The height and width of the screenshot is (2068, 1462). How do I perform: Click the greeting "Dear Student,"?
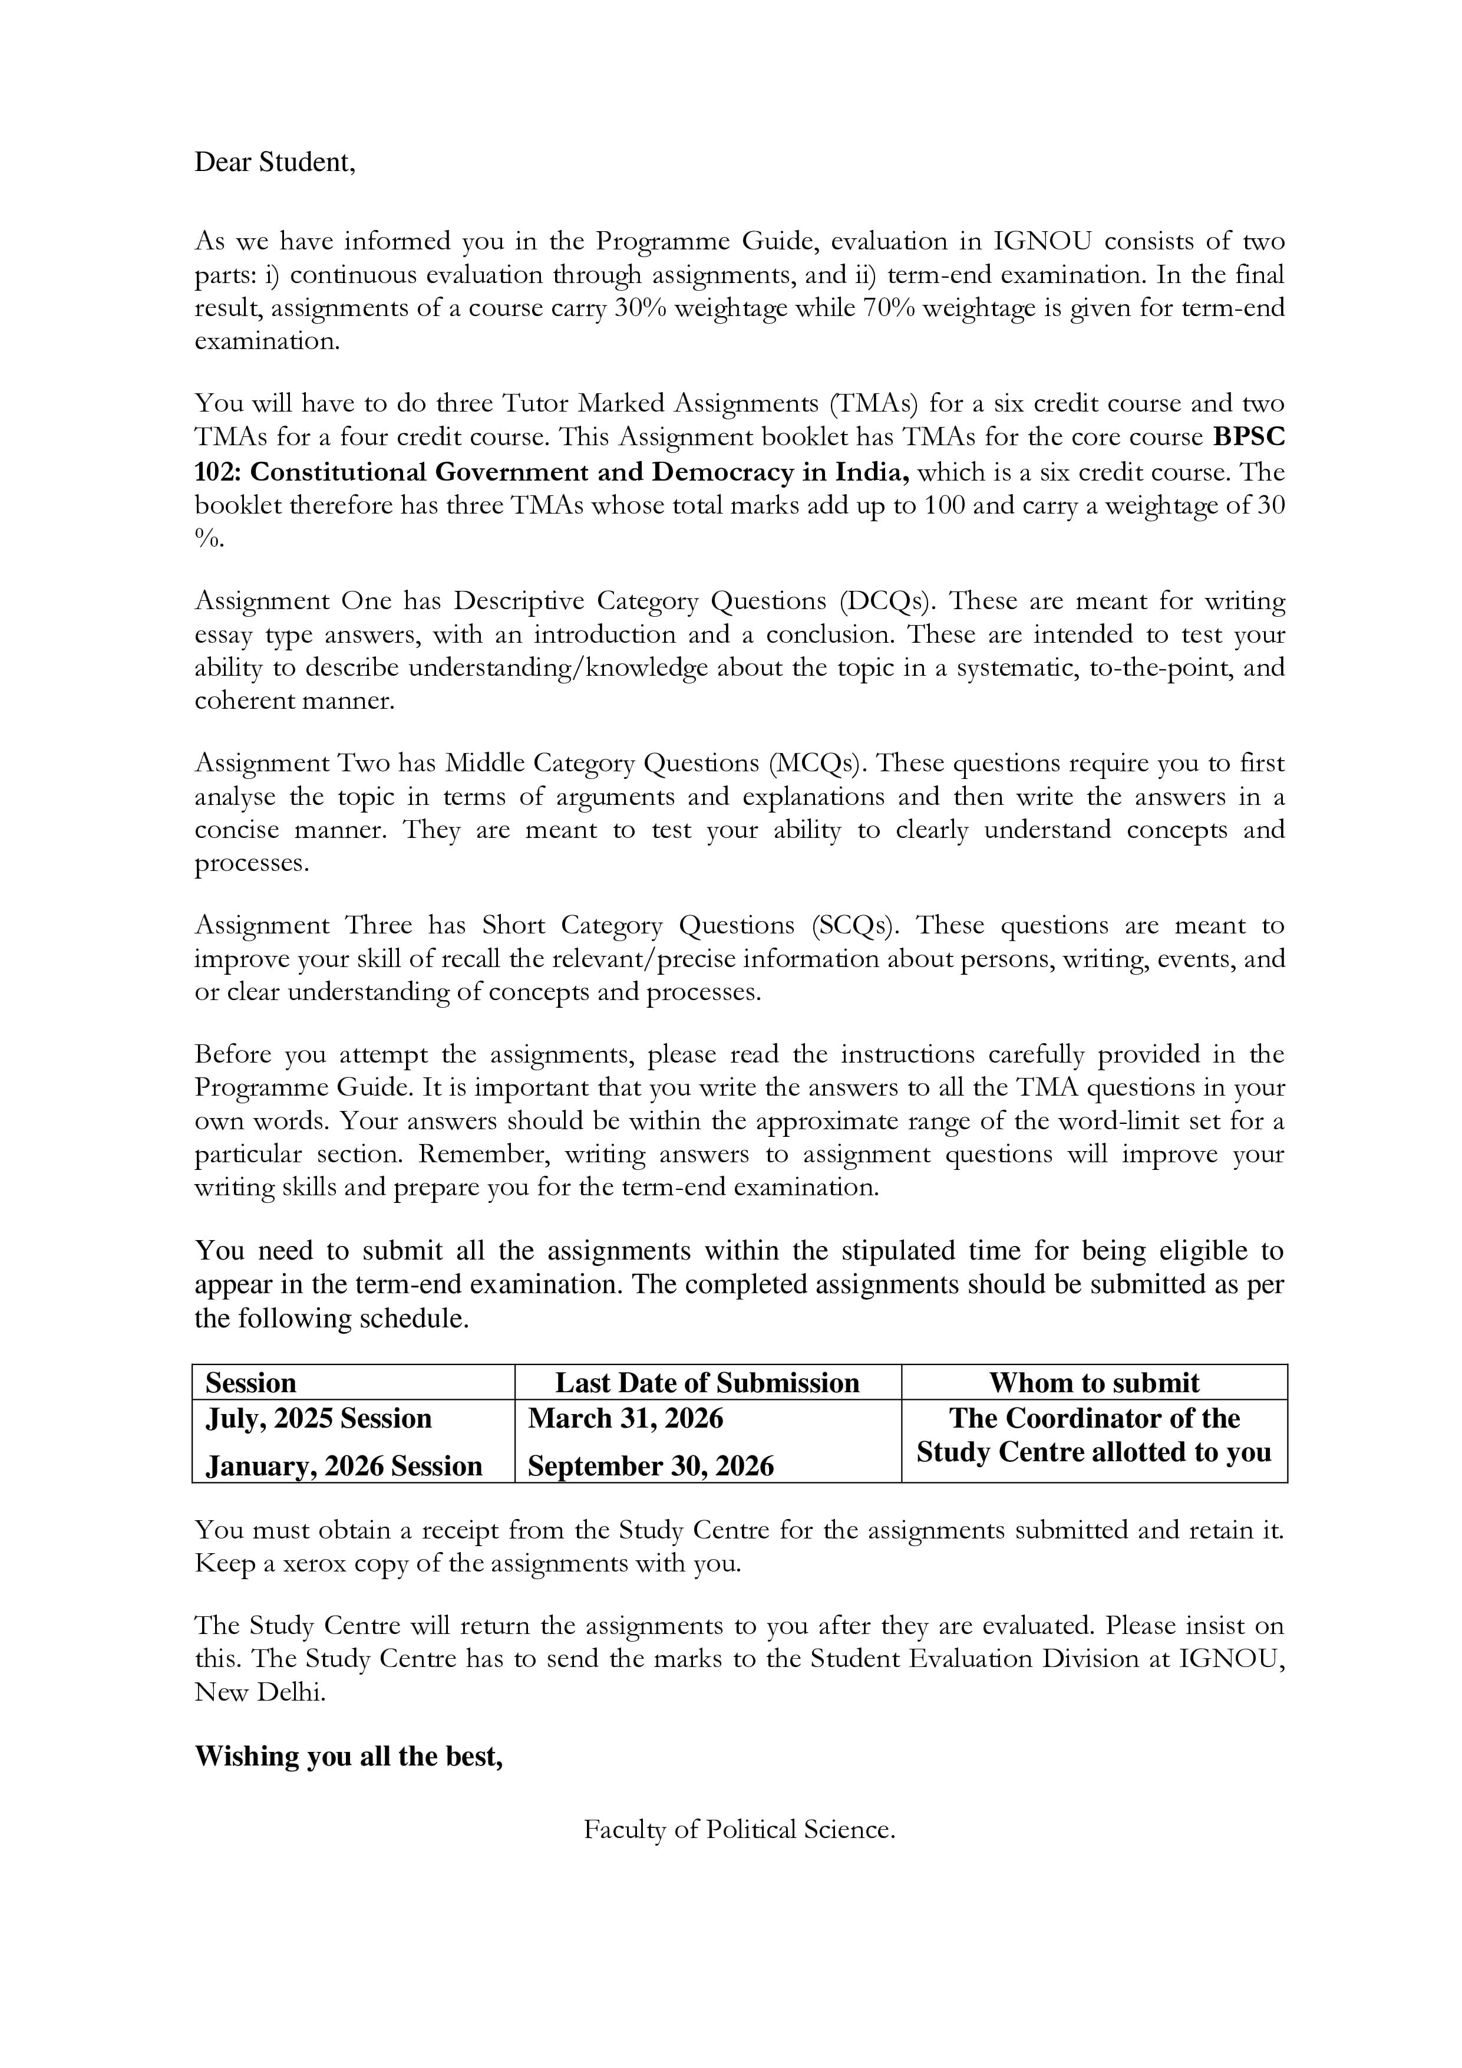tap(275, 163)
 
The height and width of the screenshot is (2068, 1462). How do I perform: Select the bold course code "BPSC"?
tap(1249, 437)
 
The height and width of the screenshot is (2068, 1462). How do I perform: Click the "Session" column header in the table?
tap(250, 1383)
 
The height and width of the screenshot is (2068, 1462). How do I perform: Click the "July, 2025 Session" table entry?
tap(319, 1419)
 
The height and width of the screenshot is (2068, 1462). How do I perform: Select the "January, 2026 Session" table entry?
tap(344, 1467)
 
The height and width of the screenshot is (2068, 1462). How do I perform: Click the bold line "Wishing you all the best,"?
tap(348, 1757)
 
